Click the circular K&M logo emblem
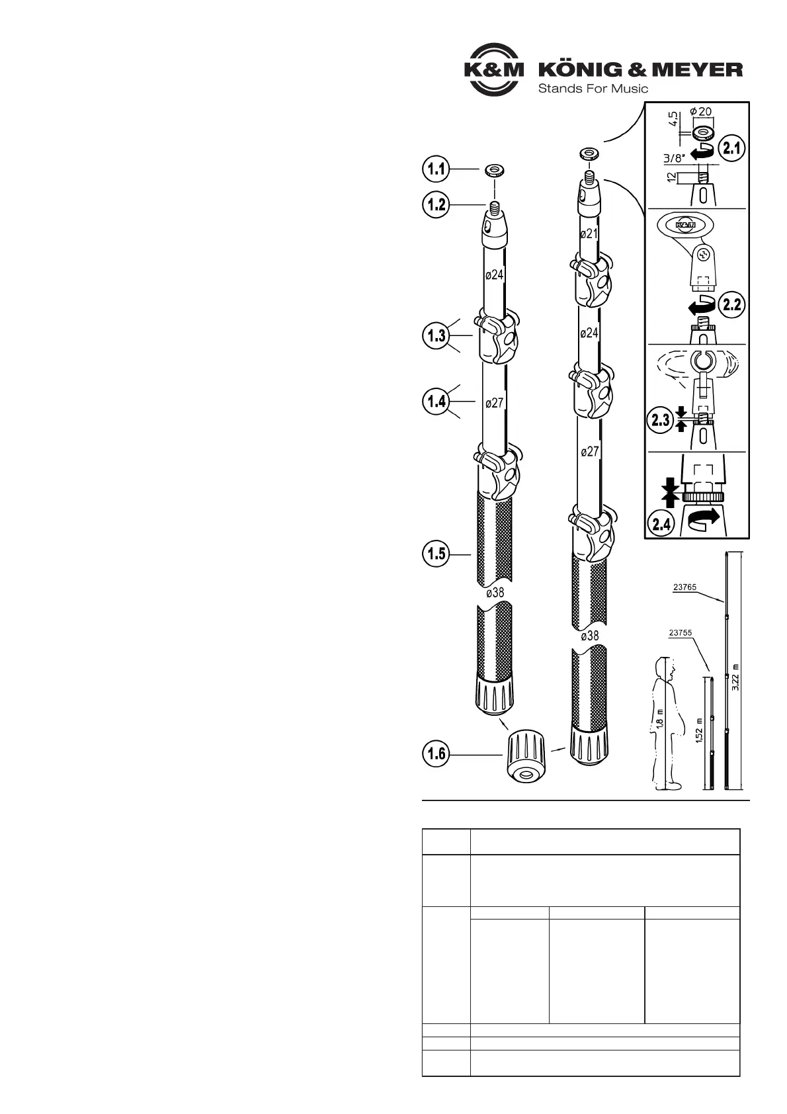pos(493,69)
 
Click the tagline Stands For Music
pos(593,89)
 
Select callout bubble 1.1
pos(436,169)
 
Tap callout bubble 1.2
pos(436,204)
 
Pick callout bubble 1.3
pos(436,335)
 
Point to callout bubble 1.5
pos(436,554)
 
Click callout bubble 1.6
pos(436,754)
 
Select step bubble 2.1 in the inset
pos(731,148)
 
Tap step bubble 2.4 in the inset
pos(661,524)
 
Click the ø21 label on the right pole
pos(589,234)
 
